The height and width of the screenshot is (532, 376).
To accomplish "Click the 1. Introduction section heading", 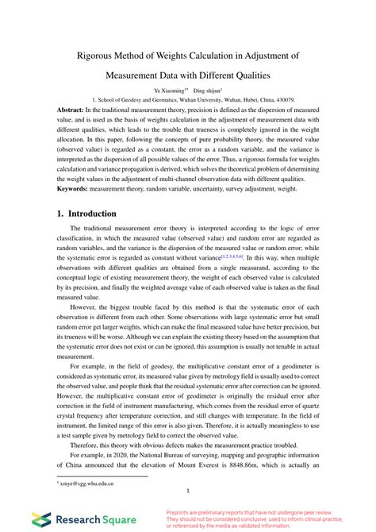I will (x=86, y=214).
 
